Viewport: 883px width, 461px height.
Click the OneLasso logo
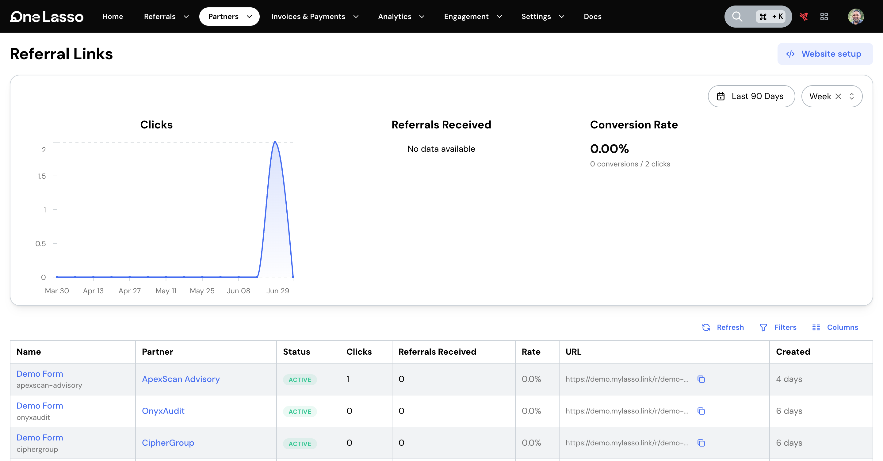pos(47,17)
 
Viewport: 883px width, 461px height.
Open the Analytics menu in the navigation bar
pos(401,17)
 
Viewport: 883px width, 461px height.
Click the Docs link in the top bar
pos(592,17)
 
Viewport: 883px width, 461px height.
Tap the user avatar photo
pos(856,17)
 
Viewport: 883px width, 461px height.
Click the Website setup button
pos(825,54)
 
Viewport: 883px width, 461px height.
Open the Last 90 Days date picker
pos(751,96)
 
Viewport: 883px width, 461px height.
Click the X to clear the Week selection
pos(838,96)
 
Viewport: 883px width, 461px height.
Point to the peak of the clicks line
pos(275,142)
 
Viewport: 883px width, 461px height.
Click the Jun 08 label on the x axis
pos(238,291)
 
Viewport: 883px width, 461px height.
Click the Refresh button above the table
pos(723,327)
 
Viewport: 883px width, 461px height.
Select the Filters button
pos(778,327)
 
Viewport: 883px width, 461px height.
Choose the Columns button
pos(835,327)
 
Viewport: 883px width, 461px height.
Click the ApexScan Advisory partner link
pos(181,379)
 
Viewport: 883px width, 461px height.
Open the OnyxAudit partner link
pos(163,411)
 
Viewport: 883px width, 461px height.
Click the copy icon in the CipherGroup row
pos(701,443)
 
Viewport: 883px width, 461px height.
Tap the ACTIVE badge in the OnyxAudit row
pos(300,411)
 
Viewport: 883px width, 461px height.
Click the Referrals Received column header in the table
pos(437,352)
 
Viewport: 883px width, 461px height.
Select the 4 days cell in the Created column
pos(789,379)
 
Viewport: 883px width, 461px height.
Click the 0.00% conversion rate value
pos(610,149)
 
